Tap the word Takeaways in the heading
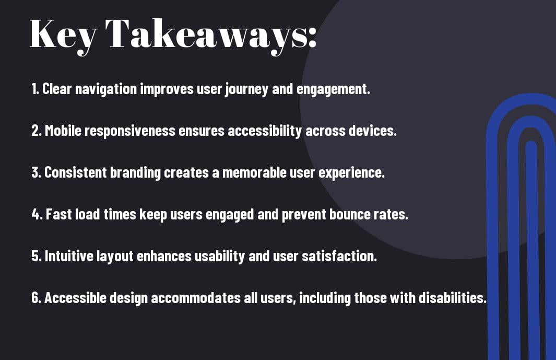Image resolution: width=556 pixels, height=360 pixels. click(x=204, y=35)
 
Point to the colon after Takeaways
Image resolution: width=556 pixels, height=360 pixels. click(x=312, y=38)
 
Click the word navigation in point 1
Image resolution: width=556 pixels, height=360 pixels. click(x=105, y=89)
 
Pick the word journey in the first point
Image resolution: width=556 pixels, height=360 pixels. click(x=246, y=89)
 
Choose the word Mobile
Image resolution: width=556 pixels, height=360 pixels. click(x=63, y=131)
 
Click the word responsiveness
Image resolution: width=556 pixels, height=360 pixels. click(x=130, y=131)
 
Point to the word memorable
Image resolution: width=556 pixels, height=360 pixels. click(x=254, y=172)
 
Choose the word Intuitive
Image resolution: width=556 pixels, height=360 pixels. click(x=69, y=256)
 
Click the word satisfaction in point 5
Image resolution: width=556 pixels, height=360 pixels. click(x=339, y=256)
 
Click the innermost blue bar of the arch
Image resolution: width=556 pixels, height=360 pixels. click(x=532, y=249)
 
